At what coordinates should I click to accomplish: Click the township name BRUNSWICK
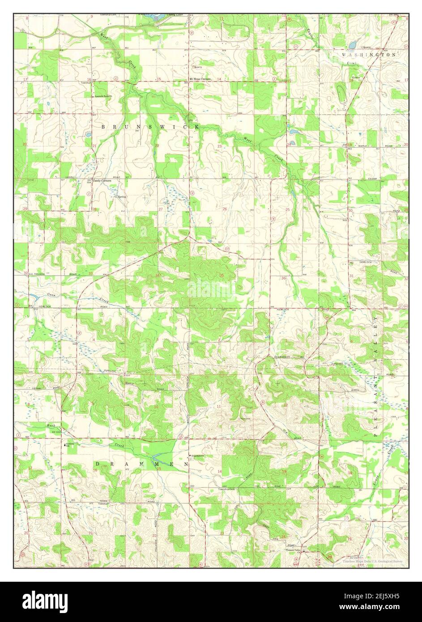click(x=150, y=127)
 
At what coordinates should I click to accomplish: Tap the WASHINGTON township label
click(x=369, y=54)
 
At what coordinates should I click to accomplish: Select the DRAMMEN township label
click(x=141, y=465)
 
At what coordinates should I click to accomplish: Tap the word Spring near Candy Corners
click(x=121, y=197)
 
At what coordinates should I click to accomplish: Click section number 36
click(x=283, y=278)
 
